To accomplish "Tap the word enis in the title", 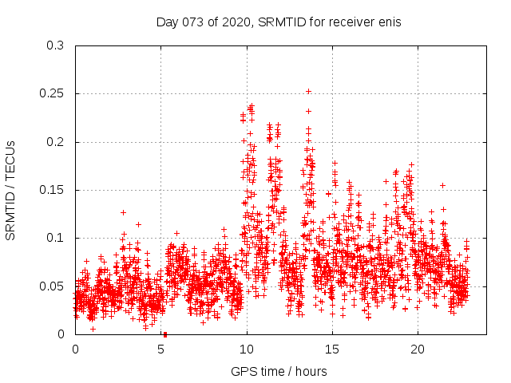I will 388,22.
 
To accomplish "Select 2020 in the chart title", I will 234,22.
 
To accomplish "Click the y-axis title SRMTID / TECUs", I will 11,190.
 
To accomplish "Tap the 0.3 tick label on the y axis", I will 55,46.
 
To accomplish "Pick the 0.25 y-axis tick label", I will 52,94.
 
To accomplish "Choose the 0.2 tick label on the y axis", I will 55,142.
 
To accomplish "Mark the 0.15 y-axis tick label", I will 52,190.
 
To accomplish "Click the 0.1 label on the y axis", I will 55,238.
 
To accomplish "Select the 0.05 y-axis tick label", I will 52,286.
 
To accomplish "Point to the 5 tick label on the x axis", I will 161,349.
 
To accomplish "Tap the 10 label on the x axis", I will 247,349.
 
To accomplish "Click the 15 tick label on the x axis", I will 332,349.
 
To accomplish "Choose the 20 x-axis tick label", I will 418,349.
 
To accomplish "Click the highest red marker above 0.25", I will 308,91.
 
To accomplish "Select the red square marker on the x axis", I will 164,334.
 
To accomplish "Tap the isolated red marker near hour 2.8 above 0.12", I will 123,212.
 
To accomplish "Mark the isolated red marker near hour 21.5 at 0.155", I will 442,185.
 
